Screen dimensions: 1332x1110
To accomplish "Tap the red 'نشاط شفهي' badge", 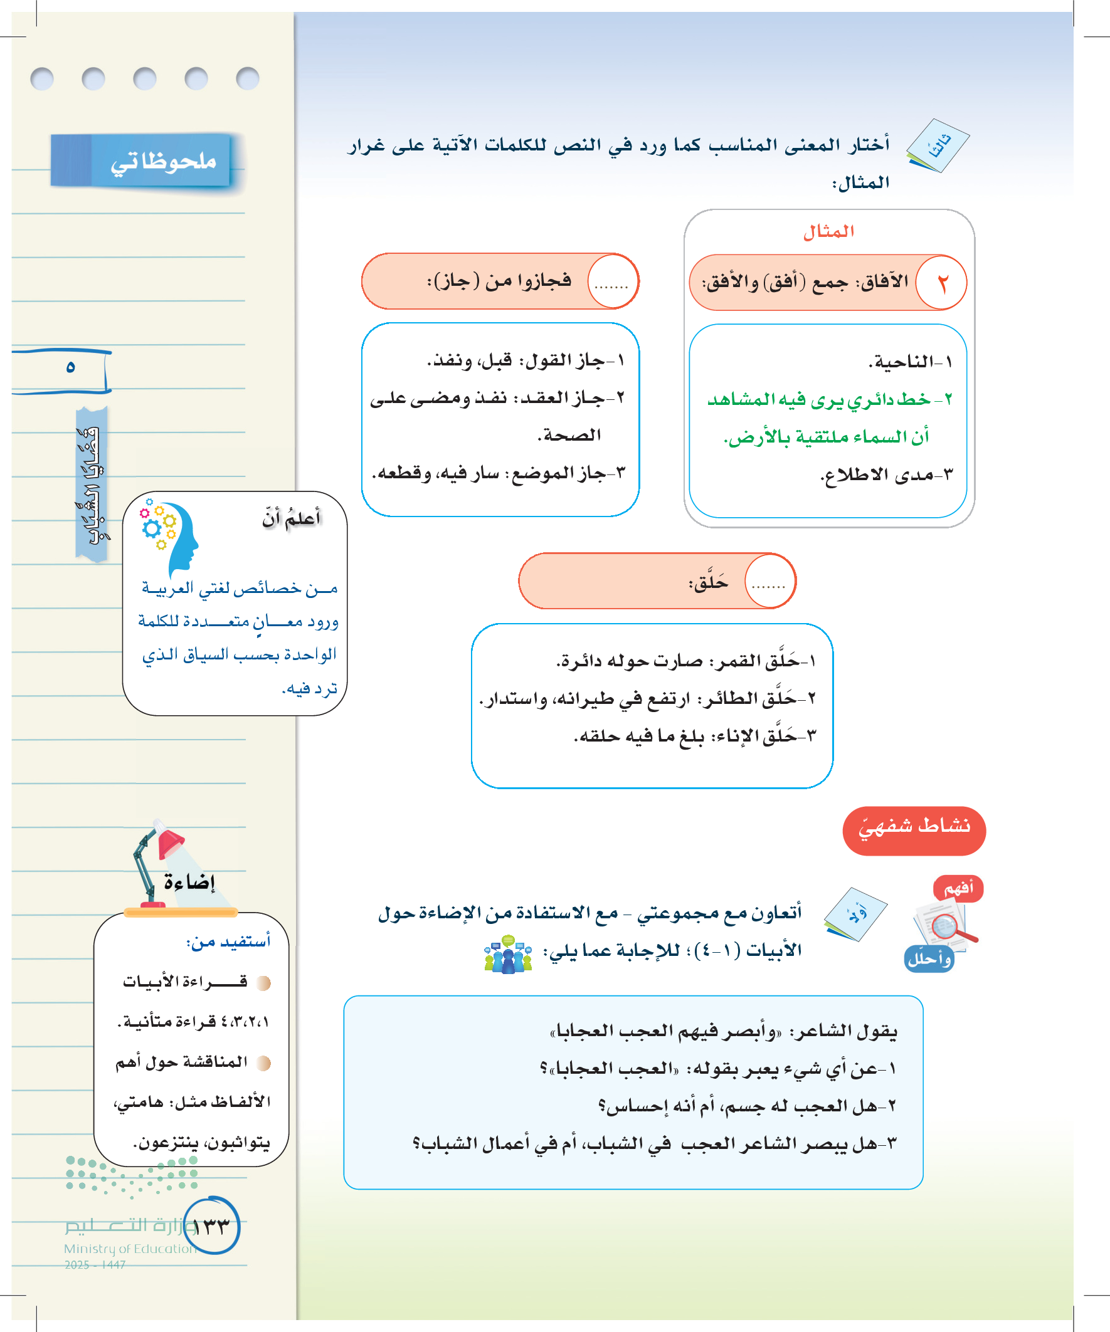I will pos(913,831).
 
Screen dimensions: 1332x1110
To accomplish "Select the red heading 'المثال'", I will pos(828,231).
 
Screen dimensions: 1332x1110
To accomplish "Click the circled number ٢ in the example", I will pos(942,283).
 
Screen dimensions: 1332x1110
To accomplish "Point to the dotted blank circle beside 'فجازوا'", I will pos(612,282).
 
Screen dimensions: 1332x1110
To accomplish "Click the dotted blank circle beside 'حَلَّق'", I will pos(769,582).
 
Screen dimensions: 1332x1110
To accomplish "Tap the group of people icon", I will pos(508,954).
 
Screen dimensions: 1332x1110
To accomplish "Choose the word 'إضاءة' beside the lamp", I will pos(189,883).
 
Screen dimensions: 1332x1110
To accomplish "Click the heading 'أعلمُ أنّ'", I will pos(292,519).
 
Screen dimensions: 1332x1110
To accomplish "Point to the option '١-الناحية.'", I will pos(910,362).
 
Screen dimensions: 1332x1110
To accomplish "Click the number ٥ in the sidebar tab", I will pos(70,367).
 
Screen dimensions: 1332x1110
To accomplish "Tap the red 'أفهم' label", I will pos(958,888).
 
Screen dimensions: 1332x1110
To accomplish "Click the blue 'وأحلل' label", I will pos(929,959).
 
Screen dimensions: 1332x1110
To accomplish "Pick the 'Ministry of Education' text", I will pos(130,1248).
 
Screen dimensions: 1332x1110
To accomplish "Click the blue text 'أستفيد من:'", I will pos(228,941).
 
